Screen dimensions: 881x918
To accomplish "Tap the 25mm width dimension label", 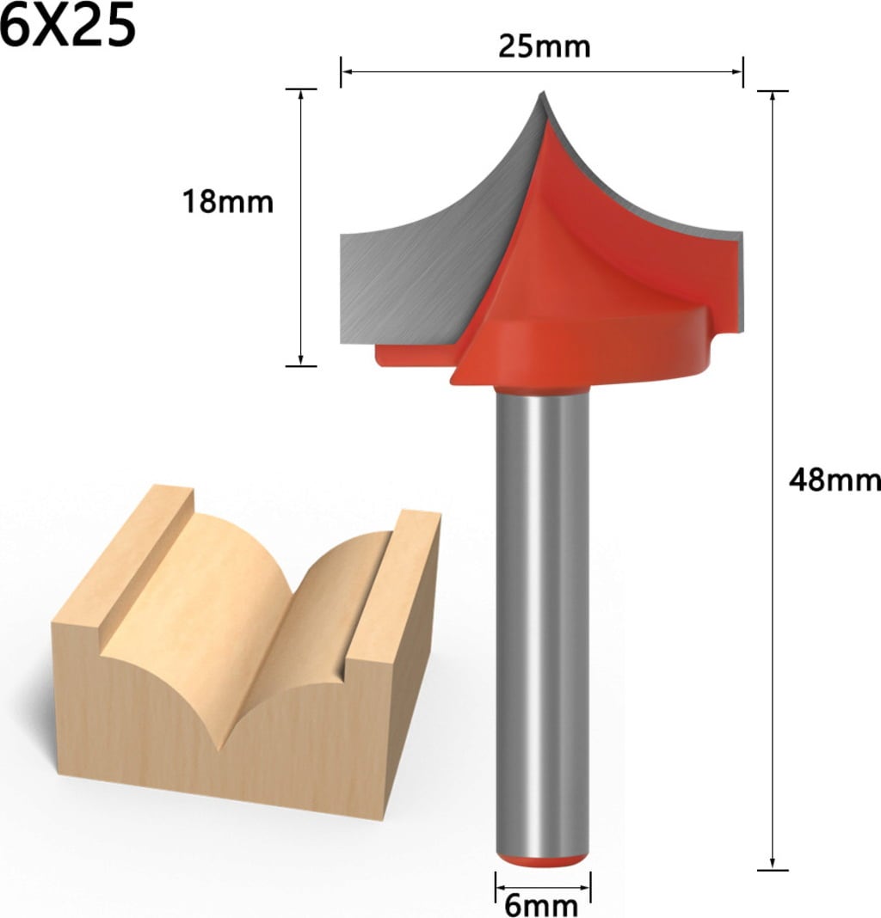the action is click(x=544, y=46).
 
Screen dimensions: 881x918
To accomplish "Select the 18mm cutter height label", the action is click(x=228, y=201).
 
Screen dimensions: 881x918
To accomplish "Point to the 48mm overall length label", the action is click(x=835, y=480).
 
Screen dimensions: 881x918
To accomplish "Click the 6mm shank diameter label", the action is click(x=541, y=906).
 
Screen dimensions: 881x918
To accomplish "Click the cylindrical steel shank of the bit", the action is click(x=542, y=621).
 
